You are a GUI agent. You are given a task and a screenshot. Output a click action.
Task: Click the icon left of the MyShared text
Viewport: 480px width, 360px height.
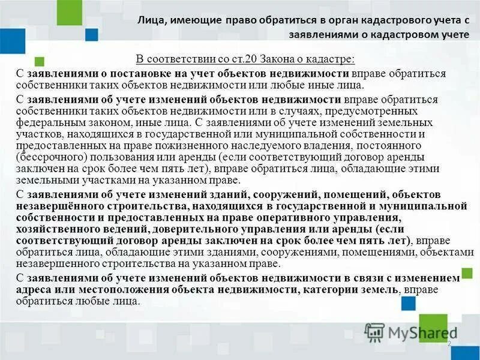pyautogui.click(x=375, y=331)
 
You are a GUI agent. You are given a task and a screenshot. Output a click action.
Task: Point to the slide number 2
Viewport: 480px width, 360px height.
pyautogui.click(x=448, y=343)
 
